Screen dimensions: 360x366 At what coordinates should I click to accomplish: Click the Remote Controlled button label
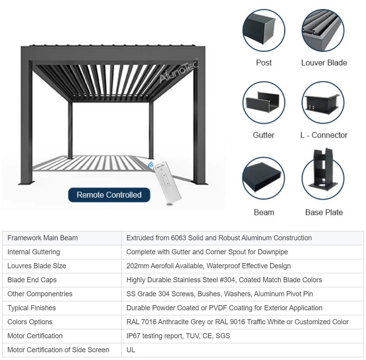[x=109, y=195]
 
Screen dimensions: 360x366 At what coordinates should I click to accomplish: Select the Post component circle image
[x=264, y=31]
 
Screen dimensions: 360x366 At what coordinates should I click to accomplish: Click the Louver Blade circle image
[x=323, y=31]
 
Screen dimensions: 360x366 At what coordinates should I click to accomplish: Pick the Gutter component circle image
[x=264, y=103]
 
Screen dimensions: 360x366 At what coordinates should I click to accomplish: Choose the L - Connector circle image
[x=323, y=103]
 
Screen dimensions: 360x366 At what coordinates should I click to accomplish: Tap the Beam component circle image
[x=264, y=178]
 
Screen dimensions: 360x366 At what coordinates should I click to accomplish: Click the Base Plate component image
[x=324, y=175]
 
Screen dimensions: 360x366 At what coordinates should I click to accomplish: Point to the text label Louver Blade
[x=324, y=63]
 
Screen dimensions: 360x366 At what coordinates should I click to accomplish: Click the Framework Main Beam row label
[x=42, y=238]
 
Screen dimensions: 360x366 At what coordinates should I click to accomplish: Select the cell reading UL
[x=131, y=350]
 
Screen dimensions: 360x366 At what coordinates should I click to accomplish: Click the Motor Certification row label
[x=35, y=336]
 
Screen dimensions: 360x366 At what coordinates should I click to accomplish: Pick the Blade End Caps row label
[x=32, y=280]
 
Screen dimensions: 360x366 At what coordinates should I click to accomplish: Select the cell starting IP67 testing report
[x=178, y=336]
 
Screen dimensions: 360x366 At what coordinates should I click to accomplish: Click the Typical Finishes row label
[x=32, y=308]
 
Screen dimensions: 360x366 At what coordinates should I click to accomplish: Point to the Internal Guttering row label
[x=33, y=252]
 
